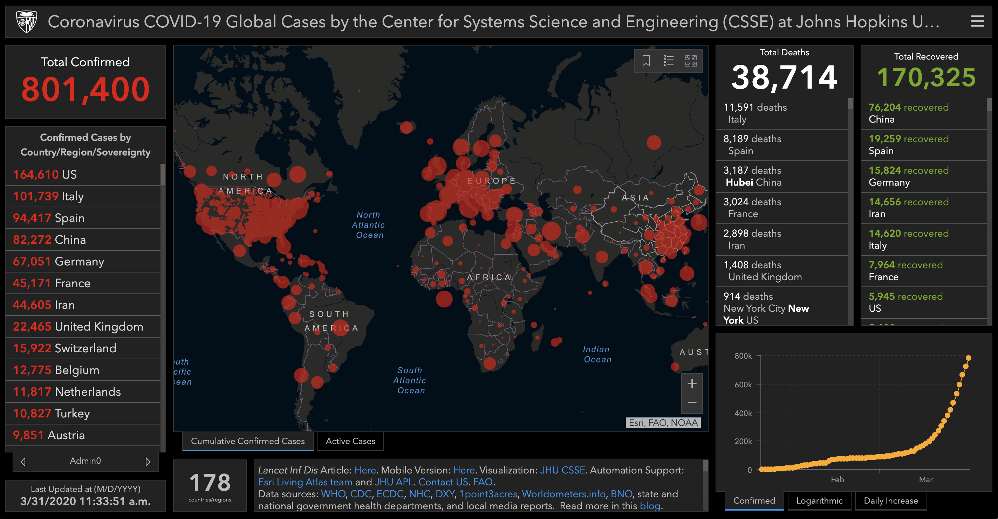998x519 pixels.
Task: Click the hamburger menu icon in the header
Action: tap(977, 21)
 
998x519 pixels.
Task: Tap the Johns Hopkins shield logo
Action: tap(26, 21)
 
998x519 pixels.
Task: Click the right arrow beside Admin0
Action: tap(148, 461)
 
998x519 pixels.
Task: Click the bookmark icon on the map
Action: tap(646, 61)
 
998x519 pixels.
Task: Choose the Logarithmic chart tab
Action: tap(819, 500)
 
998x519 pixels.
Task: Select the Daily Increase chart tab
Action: tap(891, 500)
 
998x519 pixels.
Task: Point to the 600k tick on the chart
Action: tap(743, 385)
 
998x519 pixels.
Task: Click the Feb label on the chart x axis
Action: tap(837, 479)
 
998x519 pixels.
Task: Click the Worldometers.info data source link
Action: tap(563, 494)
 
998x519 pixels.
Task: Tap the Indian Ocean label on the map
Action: tap(597, 354)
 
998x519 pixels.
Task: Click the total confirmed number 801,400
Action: tap(85, 89)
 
